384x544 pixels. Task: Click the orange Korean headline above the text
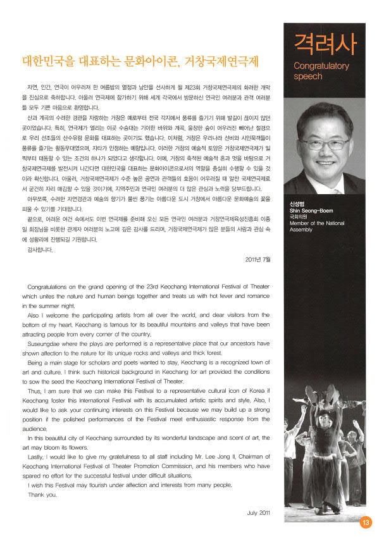[x=140, y=63]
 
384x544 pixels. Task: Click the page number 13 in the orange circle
[x=366, y=522]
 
